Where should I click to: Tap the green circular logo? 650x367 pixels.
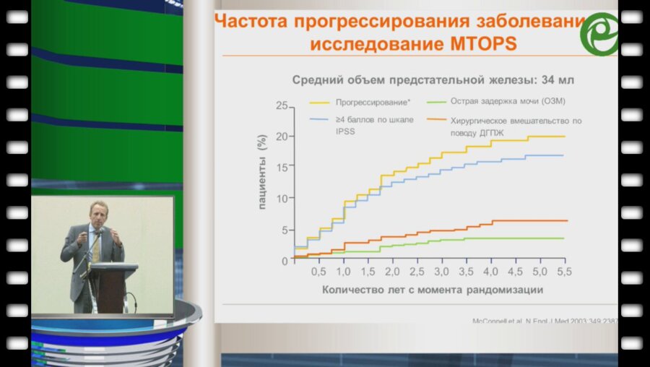(x=601, y=34)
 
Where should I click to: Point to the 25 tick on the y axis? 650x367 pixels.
(x=282, y=106)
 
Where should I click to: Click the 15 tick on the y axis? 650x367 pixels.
(x=282, y=167)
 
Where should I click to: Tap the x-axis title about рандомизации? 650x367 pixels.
(x=422, y=290)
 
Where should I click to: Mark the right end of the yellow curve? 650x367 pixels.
(x=564, y=136)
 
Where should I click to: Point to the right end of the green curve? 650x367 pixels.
(x=563, y=238)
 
